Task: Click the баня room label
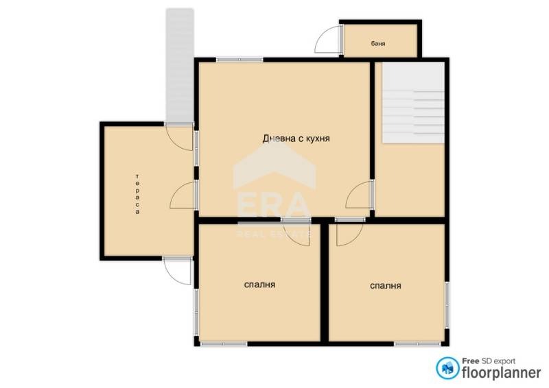pos(378,44)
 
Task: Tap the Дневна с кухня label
pos(297,138)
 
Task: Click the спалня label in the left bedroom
pos(259,284)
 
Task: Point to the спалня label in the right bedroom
pos(385,285)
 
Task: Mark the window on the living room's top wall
pos(240,60)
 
